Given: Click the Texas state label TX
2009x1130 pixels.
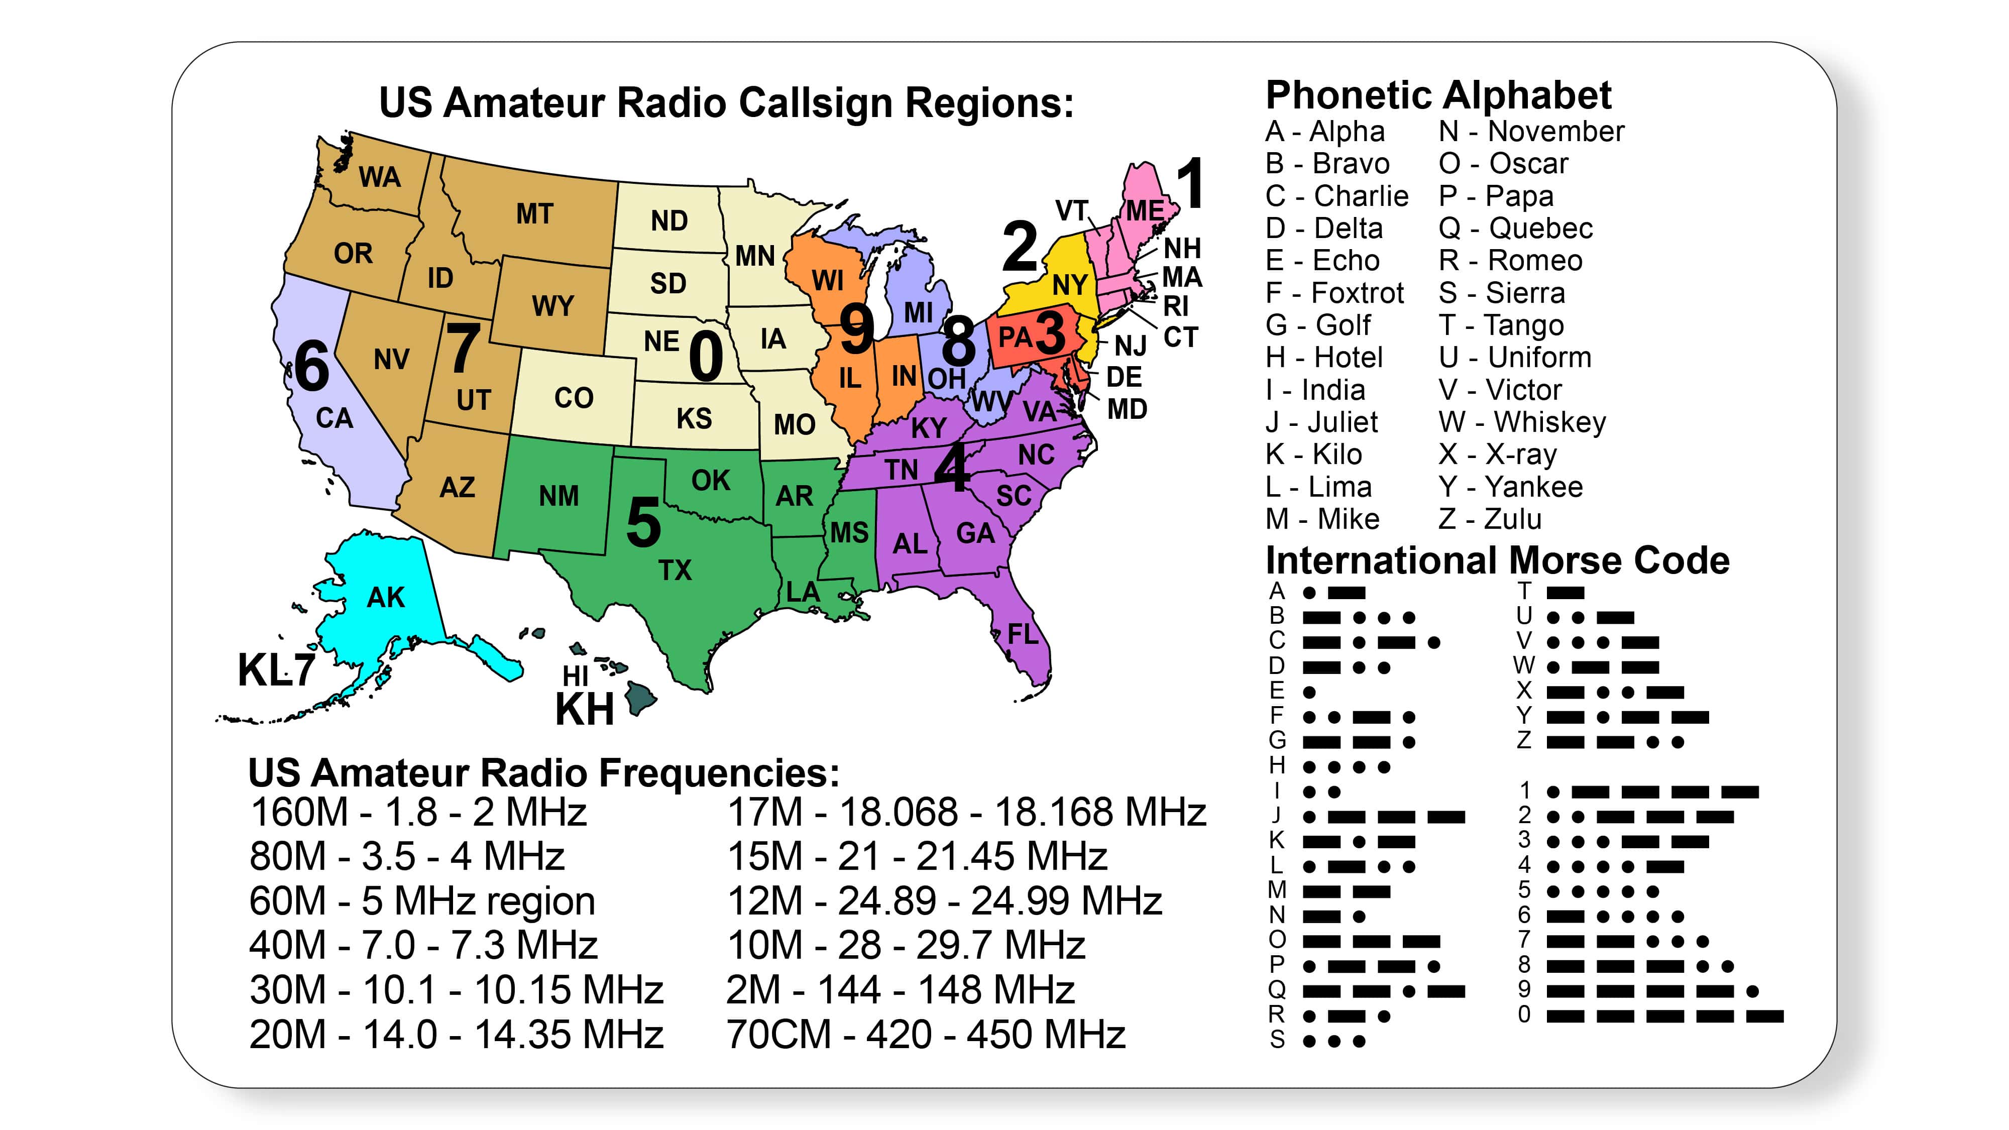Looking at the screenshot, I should (x=675, y=570).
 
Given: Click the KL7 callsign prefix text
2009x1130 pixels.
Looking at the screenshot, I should (x=276, y=669).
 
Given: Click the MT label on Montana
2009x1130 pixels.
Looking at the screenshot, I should (x=534, y=213).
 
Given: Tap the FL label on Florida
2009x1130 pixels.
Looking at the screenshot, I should (x=1023, y=634).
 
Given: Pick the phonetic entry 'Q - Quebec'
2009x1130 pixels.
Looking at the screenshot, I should (x=1515, y=228).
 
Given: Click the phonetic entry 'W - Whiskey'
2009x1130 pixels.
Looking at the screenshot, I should (x=1522, y=422).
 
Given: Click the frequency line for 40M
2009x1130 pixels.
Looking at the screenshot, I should (x=423, y=945).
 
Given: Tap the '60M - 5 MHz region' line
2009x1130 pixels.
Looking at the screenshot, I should (x=422, y=900).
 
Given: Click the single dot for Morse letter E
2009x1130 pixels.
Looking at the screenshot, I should (x=1309, y=692).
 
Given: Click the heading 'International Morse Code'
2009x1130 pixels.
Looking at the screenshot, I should (x=1497, y=560).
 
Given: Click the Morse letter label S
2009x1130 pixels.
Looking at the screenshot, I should (x=1277, y=1040).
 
